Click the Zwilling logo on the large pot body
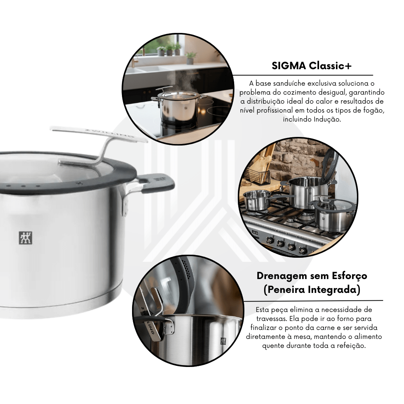point(25,238)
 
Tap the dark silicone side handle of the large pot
point(156,183)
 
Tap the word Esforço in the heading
point(349,276)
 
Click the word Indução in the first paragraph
point(327,120)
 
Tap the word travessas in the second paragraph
point(271,319)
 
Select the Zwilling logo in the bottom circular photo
point(223,341)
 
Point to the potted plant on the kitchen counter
point(190,58)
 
